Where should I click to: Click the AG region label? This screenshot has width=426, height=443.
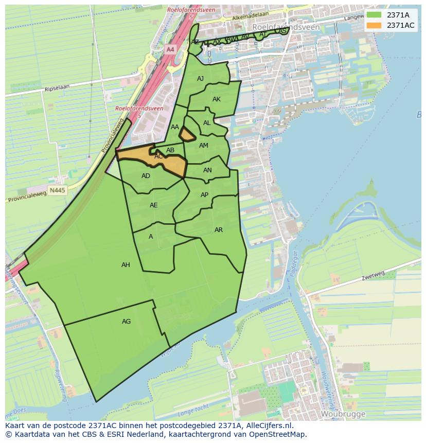[x=126, y=322]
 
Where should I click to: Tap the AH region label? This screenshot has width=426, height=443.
[x=126, y=265]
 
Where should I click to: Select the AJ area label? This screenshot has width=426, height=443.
[x=200, y=79]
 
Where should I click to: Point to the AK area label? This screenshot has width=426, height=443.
[x=217, y=99]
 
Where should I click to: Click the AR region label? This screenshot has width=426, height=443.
[x=219, y=230]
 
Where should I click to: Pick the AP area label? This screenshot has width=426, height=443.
[x=204, y=195]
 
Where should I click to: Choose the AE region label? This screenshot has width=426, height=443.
[x=153, y=205]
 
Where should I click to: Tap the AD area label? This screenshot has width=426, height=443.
[x=146, y=176]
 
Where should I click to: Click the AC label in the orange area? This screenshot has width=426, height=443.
[x=158, y=156]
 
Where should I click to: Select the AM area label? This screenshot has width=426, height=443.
[x=204, y=146]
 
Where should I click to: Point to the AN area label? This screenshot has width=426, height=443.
[x=207, y=170]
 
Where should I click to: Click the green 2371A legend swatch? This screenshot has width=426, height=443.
[x=374, y=15]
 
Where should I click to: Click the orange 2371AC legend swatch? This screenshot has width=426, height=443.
[x=374, y=25]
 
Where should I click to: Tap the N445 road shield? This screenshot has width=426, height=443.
[x=57, y=190]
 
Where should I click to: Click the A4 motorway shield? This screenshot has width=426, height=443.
[x=170, y=49]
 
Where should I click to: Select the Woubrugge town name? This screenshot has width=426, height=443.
[x=343, y=414]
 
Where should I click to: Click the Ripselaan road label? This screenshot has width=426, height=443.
[x=57, y=88]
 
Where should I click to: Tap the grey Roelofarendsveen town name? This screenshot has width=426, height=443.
[x=286, y=27]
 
